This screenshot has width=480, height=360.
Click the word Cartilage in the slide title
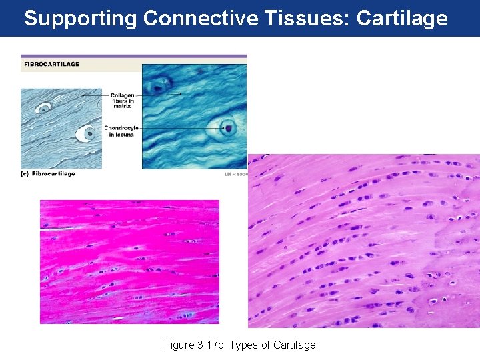click(402, 18)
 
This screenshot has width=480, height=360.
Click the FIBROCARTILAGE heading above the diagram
click(51, 64)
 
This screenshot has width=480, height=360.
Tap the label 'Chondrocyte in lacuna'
click(120, 131)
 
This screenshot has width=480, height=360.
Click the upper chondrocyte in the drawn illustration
click(45, 108)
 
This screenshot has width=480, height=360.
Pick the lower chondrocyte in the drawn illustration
click(87, 133)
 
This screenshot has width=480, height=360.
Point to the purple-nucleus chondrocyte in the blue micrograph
click(227, 127)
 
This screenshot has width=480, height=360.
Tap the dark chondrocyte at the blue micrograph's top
click(159, 85)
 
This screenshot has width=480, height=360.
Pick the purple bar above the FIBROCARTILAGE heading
click(133, 56)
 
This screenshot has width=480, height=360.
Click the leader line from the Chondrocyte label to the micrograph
click(173, 127)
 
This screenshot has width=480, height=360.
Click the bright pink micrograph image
click(129, 261)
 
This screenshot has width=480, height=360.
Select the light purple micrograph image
click(363, 241)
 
